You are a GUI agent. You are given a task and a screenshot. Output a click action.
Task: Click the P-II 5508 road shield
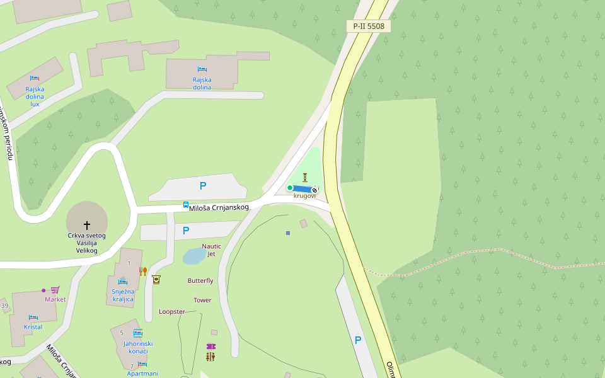click(369, 26)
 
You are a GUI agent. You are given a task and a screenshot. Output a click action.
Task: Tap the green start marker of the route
click(290, 188)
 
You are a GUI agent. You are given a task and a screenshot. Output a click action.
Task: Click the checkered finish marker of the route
click(314, 189)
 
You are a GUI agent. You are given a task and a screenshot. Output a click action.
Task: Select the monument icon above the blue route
click(305, 178)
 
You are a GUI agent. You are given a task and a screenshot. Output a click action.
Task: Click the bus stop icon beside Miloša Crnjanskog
click(186, 205)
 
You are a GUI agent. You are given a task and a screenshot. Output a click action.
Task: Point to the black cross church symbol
click(87, 225)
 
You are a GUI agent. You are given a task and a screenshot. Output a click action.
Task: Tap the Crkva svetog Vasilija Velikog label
click(87, 243)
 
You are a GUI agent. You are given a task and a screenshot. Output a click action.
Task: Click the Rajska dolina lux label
click(35, 96)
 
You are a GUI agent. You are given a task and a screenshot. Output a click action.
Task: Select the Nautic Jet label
click(212, 249)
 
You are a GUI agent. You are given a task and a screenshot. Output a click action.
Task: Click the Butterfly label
click(200, 280)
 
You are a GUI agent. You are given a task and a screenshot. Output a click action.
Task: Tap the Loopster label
click(171, 311)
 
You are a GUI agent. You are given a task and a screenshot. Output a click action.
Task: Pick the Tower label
click(202, 300)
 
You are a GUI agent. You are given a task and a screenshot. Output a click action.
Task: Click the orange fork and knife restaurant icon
click(143, 272)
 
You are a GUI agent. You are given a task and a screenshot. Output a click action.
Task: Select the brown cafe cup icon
click(156, 280)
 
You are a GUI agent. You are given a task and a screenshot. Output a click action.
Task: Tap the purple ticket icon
click(210, 346)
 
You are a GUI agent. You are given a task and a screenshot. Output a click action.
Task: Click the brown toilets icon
click(210, 357)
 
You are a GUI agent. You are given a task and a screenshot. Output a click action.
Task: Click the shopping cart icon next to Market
click(55, 290)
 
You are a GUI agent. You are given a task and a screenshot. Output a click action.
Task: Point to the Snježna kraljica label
click(123, 295)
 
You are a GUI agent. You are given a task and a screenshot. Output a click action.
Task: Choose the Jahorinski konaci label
click(137, 347)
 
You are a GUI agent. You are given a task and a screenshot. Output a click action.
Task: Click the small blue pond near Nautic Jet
click(193, 256)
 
